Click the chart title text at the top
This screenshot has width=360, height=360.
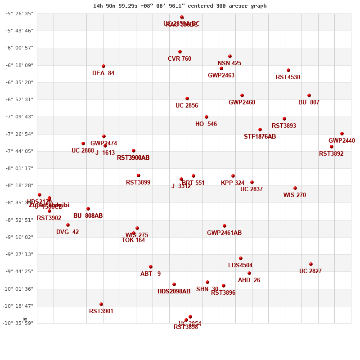pyautogui.click(x=180, y=6)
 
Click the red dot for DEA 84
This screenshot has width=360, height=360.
pyautogui.click(x=103, y=66)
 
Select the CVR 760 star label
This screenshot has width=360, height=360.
pyautogui.click(x=180, y=59)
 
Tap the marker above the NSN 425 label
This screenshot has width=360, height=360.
pyautogui.click(x=230, y=56)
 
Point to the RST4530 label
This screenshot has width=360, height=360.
pyautogui.click(x=288, y=77)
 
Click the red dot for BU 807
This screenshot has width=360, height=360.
pyautogui.click(x=309, y=95)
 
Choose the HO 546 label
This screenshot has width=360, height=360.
pyautogui.click(x=206, y=124)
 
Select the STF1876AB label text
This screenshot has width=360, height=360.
pyautogui.click(x=260, y=137)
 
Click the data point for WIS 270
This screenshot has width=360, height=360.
pyautogui.click(x=295, y=188)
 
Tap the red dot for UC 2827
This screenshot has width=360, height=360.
pyautogui.click(x=311, y=264)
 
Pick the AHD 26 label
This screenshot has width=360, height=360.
pyautogui.click(x=249, y=280)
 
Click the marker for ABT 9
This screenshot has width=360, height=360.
pyautogui.click(x=151, y=267)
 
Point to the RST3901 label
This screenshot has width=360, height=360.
pyautogui.click(x=101, y=311)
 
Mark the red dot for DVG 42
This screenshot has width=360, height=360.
pyautogui.click(x=68, y=225)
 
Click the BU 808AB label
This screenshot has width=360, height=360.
pyautogui.click(x=88, y=216)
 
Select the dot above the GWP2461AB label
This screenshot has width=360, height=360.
pyautogui.click(x=225, y=226)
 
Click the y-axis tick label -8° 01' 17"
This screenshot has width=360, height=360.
pyautogui.click(x=19, y=168)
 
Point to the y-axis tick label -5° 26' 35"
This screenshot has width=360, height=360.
pyautogui.click(x=19, y=13)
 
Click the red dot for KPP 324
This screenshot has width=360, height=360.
pyautogui.click(x=233, y=176)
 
